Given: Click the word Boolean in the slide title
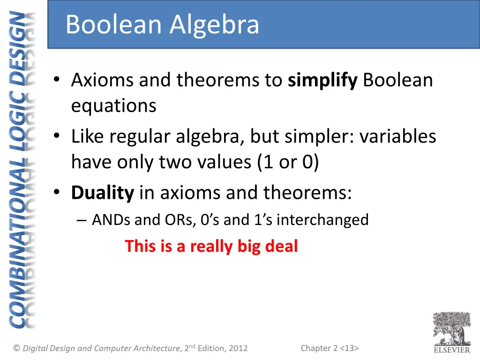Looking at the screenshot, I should [x=115, y=25].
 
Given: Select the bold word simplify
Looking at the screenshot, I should [x=322, y=81].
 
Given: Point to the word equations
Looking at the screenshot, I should [x=113, y=106].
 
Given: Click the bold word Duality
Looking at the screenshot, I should [x=103, y=193].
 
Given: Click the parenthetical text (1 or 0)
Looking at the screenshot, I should [x=288, y=162].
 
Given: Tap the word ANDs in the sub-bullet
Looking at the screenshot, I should [x=112, y=219].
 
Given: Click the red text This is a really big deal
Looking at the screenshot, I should [x=211, y=246].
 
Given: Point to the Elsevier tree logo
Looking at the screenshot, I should [x=451, y=329].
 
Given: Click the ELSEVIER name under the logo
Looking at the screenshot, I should [x=451, y=349].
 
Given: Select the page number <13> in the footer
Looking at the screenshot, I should [x=349, y=348].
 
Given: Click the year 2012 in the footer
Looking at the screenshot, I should [x=238, y=348].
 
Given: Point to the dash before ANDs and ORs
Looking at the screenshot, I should [x=82, y=220].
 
